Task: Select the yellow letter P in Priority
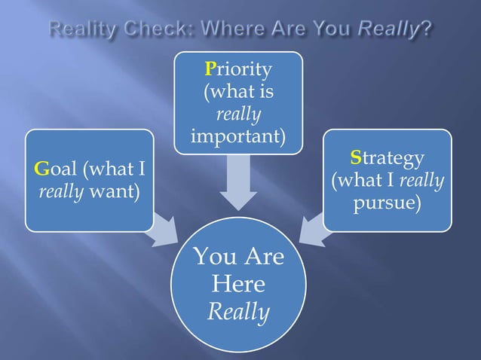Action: click(210, 70)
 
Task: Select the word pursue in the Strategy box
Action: click(386, 204)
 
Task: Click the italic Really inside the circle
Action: click(238, 311)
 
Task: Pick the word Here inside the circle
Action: click(238, 284)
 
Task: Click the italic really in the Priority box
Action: click(238, 115)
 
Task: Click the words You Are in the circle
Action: click(238, 257)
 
